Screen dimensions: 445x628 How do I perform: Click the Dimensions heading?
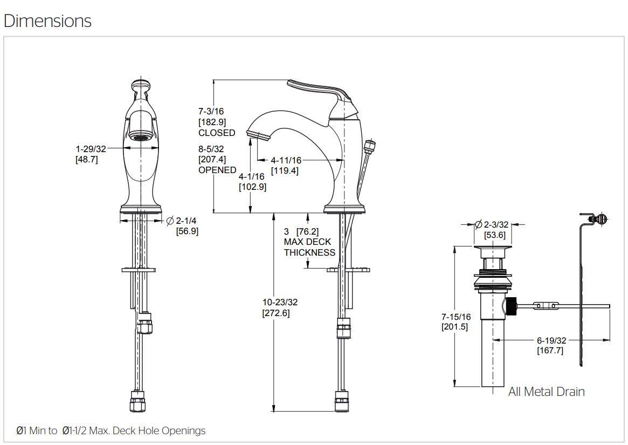47,21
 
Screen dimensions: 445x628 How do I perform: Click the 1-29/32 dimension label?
91,149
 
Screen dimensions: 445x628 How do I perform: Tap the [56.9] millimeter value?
187,231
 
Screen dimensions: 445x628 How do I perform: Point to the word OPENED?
217,170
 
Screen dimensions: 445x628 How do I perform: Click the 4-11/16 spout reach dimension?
286,160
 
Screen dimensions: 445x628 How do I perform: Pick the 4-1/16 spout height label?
252,176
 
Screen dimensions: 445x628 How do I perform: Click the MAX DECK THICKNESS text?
309,247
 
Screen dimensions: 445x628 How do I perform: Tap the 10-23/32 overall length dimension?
280,302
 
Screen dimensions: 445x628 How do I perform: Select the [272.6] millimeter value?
276,313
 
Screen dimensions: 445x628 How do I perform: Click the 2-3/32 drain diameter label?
495,224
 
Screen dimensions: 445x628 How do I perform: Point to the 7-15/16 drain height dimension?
456,317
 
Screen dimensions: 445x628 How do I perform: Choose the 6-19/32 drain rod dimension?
551,340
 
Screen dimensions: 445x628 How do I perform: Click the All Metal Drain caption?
546,392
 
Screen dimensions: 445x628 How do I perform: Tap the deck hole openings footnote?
111,430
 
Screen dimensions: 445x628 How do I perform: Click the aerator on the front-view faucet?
141,137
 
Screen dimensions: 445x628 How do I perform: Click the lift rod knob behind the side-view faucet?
370,145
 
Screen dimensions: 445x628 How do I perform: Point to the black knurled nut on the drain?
510,306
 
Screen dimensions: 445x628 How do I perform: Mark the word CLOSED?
217,133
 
